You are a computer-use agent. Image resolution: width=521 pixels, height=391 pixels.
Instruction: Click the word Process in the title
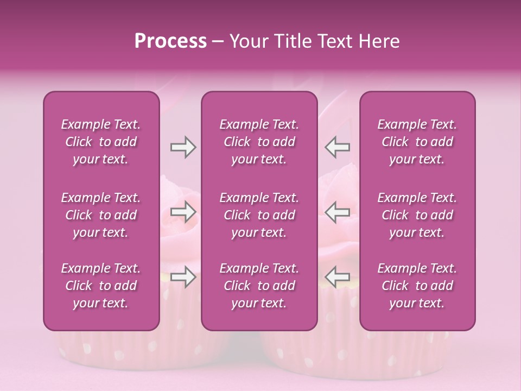[170, 41]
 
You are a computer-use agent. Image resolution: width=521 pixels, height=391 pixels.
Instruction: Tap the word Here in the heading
[379, 41]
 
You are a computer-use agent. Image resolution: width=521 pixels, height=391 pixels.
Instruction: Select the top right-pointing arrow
[183, 147]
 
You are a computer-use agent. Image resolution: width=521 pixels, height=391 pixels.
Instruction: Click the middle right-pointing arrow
[183, 212]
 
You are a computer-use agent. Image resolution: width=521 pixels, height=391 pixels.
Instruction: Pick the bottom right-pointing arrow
[183, 277]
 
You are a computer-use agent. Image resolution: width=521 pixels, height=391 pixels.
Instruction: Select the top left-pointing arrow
[338, 147]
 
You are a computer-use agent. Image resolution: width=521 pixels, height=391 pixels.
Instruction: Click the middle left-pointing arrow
[338, 212]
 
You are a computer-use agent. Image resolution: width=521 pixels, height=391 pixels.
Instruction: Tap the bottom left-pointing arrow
[338, 277]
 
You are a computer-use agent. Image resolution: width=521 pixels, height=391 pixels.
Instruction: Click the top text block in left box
[101, 142]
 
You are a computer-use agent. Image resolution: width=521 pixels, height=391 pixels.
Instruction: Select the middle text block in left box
[101, 215]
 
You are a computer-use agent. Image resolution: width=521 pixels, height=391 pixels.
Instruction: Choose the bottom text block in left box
[101, 286]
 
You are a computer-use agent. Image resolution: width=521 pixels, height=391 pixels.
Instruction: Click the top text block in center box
[259, 142]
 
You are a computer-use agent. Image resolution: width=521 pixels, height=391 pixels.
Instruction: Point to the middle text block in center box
[259, 215]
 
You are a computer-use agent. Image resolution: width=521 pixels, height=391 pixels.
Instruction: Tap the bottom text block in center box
[259, 286]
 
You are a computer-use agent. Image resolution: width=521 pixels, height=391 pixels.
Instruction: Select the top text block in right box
[417, 142]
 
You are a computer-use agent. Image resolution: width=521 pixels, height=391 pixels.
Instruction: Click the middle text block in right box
[417, 215]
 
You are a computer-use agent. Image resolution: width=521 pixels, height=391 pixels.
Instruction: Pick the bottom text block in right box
[417, 286]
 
